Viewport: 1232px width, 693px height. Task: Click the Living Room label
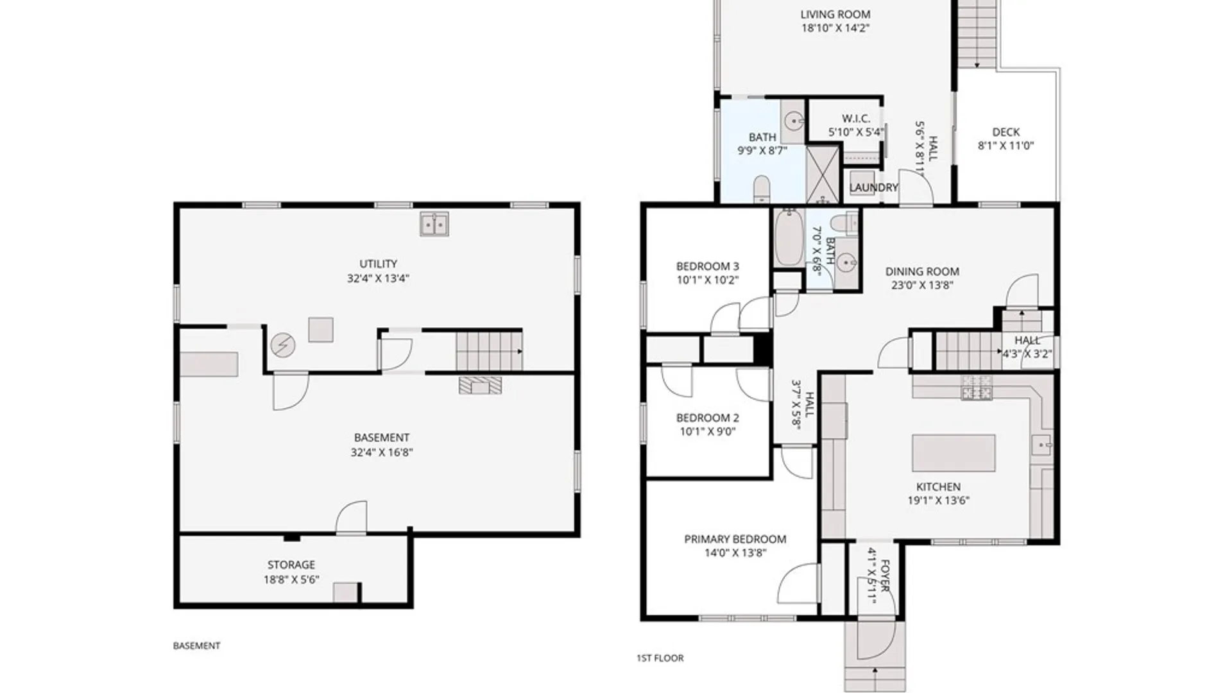835,14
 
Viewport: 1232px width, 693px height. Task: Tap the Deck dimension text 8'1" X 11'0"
1005,146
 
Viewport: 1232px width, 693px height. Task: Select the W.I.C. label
856,119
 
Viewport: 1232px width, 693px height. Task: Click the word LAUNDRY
873,187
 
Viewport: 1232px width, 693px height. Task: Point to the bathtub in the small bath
789,237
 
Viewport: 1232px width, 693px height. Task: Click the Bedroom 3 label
707,266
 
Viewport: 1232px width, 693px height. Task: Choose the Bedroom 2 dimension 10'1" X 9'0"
707,432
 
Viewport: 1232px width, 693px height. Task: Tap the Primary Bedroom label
735,539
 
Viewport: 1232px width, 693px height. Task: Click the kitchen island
954,453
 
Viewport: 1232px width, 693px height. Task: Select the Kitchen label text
938,487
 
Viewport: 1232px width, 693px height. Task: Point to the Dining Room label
922,271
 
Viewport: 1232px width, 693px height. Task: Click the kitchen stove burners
977,388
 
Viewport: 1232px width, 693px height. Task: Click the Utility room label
378,264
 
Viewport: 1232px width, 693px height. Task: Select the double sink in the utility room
434,225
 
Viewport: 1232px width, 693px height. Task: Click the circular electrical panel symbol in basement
282,345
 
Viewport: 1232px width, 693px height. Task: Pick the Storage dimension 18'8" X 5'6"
291,579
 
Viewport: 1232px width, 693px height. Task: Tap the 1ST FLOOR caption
660,658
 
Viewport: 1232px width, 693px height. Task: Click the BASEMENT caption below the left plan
196,646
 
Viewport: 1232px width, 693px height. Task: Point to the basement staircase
489,351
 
